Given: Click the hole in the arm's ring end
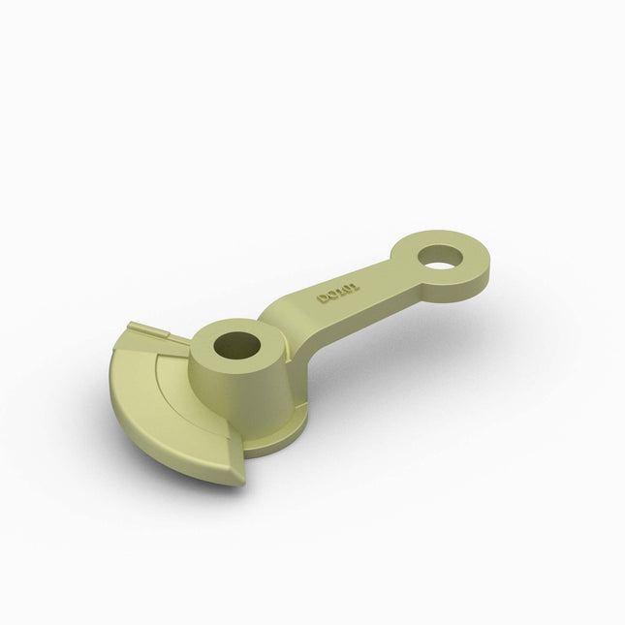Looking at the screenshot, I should [x=442, y=256].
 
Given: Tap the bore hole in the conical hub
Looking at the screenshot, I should [x=236, y=343].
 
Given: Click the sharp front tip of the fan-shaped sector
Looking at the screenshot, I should [x=238, y=480].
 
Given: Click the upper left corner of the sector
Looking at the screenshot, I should [x=128, y=327].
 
